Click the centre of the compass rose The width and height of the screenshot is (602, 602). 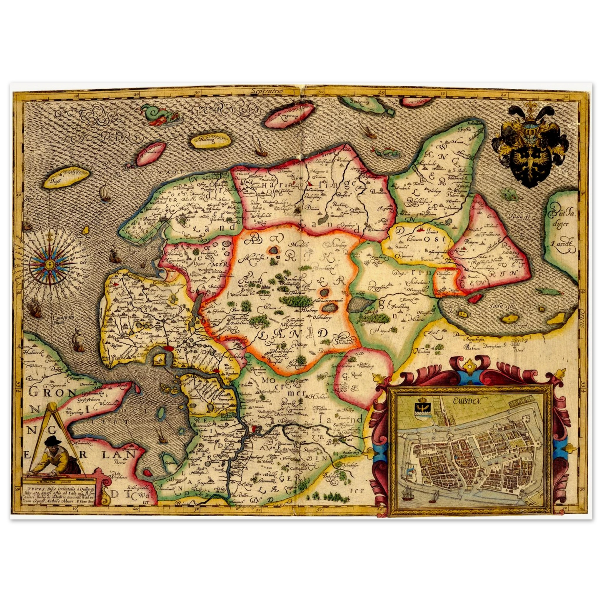coord(50,264)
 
